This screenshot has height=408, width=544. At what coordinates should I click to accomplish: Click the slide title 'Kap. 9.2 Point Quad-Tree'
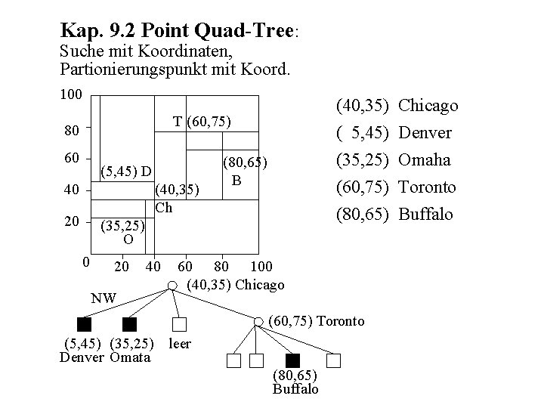179,31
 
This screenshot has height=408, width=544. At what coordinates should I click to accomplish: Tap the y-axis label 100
70,97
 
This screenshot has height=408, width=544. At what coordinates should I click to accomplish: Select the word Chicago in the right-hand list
428,106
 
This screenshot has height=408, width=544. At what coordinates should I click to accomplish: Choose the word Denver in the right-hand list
425,133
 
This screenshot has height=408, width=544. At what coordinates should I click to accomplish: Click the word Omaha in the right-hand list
424,160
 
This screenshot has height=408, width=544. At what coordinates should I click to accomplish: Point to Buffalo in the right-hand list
425,214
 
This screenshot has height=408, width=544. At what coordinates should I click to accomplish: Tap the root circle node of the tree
172,286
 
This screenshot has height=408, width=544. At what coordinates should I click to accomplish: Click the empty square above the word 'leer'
179,325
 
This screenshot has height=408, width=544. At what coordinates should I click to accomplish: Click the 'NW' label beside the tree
103,298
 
